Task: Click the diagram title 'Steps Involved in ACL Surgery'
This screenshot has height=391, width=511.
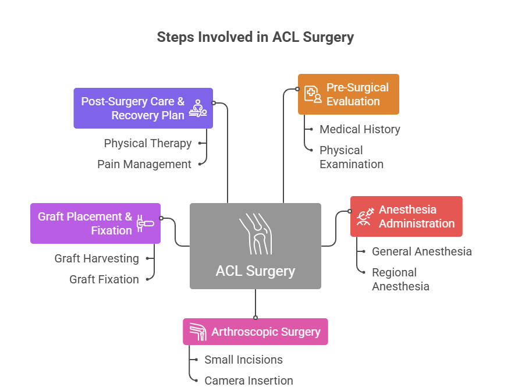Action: (255, 37)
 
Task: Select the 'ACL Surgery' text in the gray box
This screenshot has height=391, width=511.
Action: (255, 271)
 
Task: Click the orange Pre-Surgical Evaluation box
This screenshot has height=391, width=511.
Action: (348, 94)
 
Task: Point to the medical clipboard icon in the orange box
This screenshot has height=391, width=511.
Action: (313, 94)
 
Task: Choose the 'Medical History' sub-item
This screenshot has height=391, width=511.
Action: (360, 129)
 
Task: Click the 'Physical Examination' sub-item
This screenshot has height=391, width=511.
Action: (351, 157)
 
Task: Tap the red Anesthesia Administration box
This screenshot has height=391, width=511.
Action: (406, 216)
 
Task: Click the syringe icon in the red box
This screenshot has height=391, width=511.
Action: (365, 217)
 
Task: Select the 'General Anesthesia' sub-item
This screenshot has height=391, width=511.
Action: (421, 251)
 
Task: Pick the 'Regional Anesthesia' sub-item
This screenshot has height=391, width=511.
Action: (400, 279)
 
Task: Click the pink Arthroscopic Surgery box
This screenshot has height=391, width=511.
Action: (255, 332)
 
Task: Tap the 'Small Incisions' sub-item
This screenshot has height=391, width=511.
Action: (243, 360)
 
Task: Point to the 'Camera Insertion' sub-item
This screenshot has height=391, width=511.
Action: (249, 381)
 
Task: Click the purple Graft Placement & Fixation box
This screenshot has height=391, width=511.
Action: (95, 223)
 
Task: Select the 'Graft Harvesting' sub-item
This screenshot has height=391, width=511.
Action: (97, 258)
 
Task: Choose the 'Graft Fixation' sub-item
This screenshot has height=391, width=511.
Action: (104, 279)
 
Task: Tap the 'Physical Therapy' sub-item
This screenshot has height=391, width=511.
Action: (147, 143)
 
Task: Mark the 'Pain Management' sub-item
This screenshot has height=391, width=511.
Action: (144, 164)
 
